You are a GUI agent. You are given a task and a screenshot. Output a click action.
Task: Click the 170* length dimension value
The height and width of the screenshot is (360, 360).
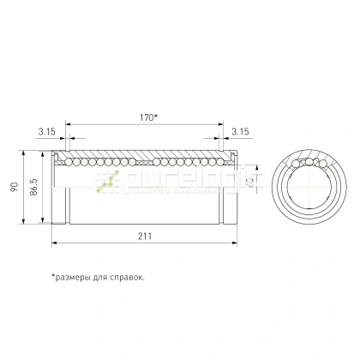tap(150, 117)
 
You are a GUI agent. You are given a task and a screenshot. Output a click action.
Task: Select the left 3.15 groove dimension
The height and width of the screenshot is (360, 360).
tap(47, 131)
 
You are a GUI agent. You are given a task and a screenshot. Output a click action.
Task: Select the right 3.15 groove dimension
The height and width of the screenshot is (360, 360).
tap(240, 131)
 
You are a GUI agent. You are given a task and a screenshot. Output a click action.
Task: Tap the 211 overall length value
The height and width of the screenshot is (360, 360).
tap(143, 235)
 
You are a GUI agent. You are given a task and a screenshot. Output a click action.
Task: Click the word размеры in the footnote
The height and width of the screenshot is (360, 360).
tap(75, 277)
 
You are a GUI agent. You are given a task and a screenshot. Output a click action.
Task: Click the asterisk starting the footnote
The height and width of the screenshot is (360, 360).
tap(53, 276)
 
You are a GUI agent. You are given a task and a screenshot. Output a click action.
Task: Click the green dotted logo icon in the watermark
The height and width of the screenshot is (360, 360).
tap(109, 179)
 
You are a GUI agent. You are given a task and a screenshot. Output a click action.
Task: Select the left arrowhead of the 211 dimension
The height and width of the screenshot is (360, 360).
tap(55, 243)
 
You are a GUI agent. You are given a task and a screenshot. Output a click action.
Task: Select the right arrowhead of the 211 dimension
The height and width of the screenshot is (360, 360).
tap(232, 243)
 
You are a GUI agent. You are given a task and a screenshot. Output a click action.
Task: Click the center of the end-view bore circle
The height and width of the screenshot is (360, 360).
tap(309, 188)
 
